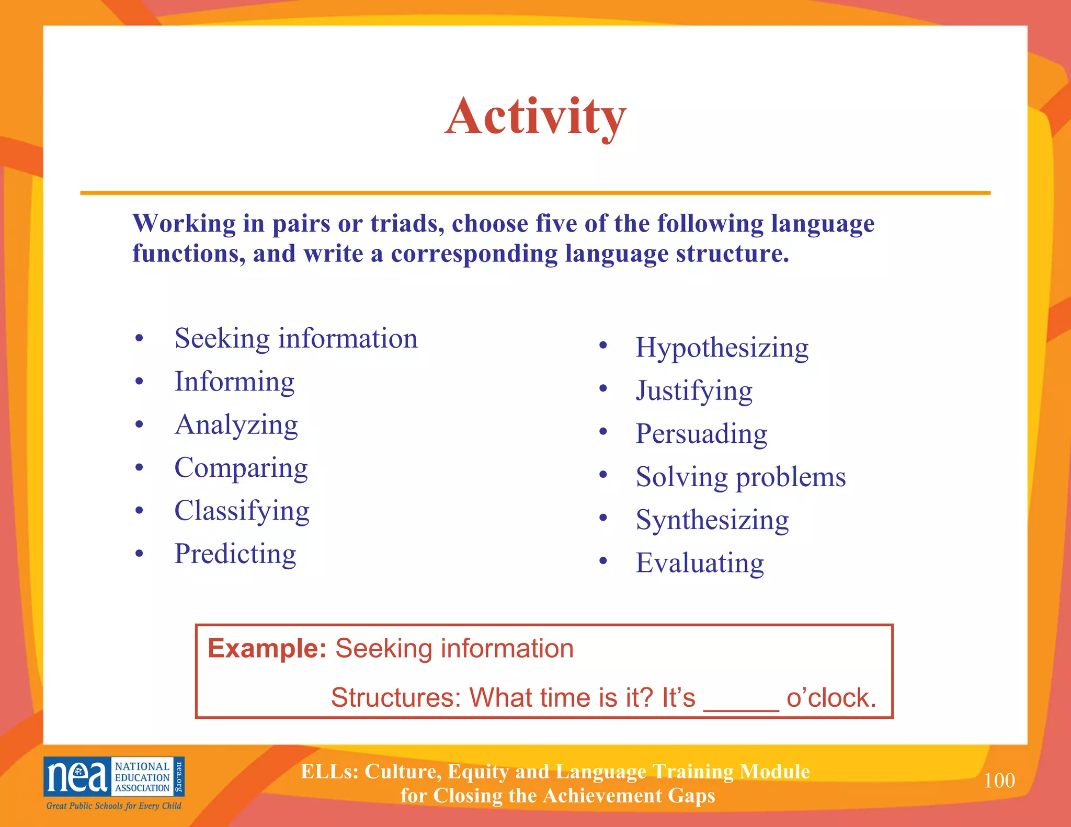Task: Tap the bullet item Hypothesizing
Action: (722, 348)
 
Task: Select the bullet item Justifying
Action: (694, 390)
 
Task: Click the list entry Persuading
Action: (701, 434)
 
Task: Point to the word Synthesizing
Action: (712, 520)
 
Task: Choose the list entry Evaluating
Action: (700, 563)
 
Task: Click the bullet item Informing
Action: (234, 382)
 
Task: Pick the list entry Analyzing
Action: (236, 424)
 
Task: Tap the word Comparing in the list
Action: (241, 468)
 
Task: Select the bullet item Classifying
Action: (242, 511)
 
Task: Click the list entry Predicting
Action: (235, 554)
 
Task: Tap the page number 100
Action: (999, 780)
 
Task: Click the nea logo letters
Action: (77, 777)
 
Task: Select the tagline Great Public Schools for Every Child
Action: (113, 806)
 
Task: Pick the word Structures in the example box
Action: (395, 697)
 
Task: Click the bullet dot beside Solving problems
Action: (603, 475)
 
